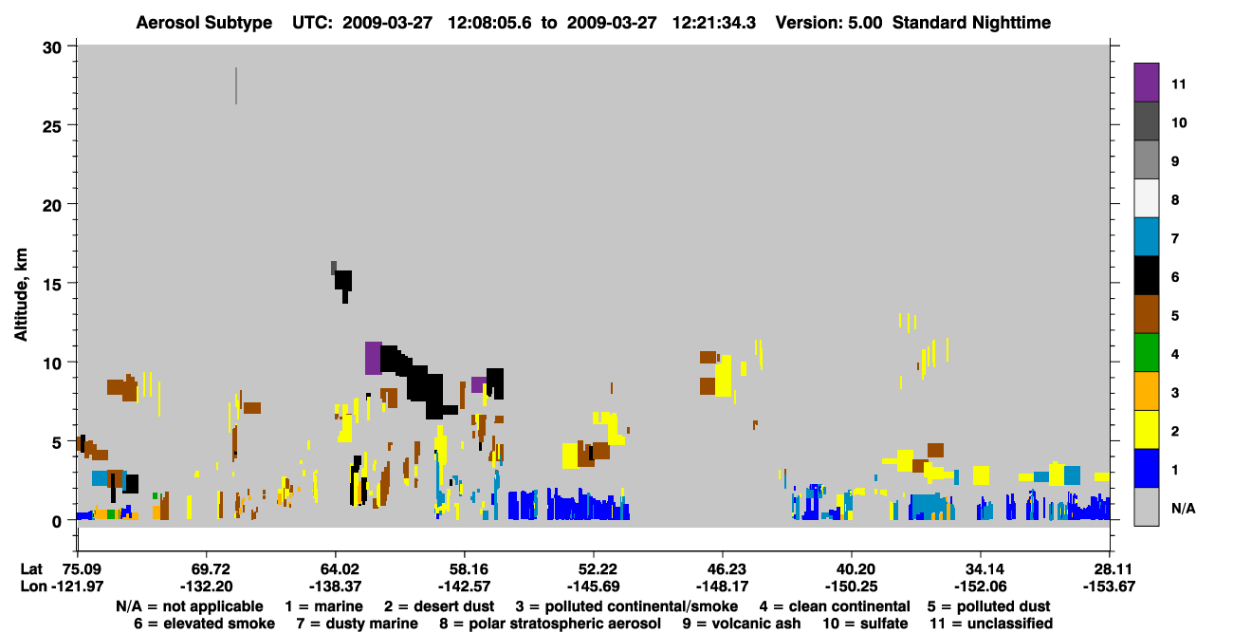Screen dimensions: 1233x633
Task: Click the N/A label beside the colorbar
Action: coord(1183,508)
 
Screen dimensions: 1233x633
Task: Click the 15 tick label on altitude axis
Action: coord(52,285)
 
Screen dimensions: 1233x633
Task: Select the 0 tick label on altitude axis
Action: coord(57,522)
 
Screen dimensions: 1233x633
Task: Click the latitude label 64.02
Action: coord(336,569)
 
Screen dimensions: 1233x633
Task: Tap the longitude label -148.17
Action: coord(722,586)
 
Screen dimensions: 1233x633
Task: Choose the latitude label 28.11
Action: coord(1109,569)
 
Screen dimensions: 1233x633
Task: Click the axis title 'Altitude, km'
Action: coord(20,295)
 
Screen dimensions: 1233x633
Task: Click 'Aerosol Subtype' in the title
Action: coord(204,23)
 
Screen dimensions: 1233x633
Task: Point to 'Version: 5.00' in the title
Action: coord(829,23)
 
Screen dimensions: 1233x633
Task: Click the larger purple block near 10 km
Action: coord(373,358)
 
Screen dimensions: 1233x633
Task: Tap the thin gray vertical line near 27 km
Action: coord(236,85)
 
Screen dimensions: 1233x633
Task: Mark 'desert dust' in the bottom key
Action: coord(454,606)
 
